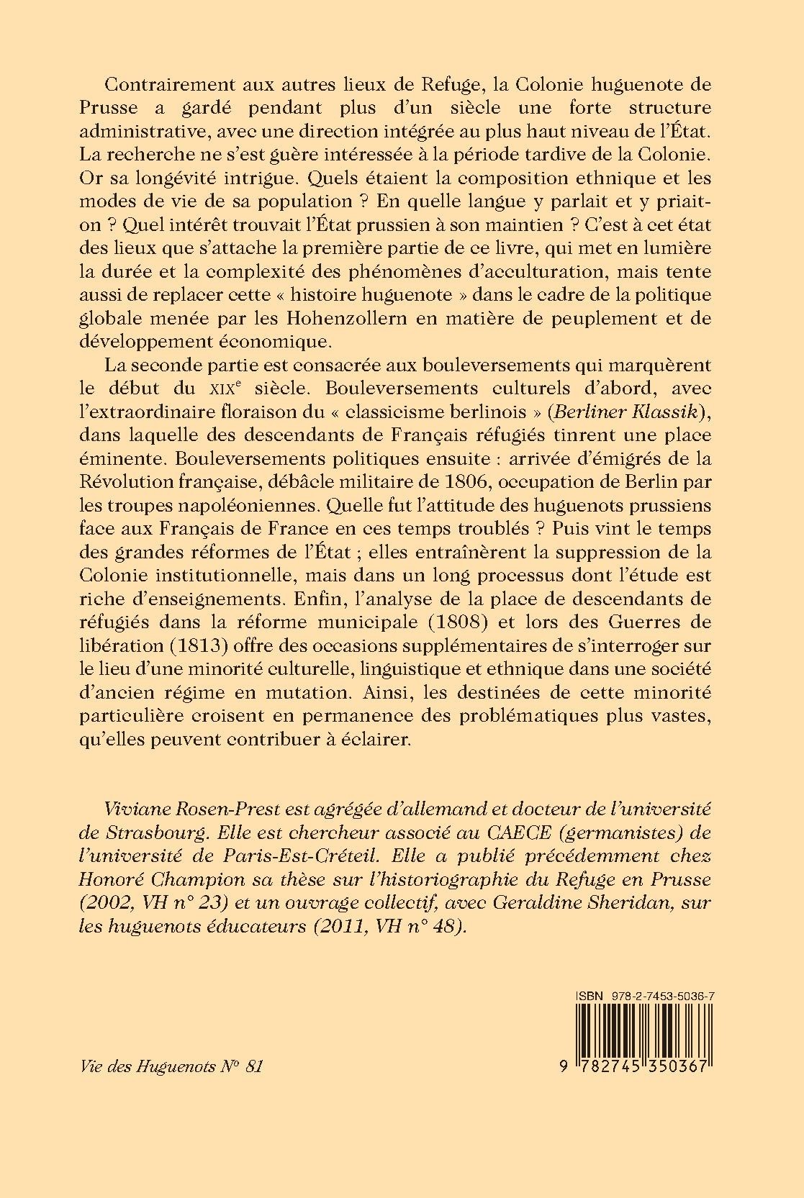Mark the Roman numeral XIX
pyautogui.click(x=209, y=389)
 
